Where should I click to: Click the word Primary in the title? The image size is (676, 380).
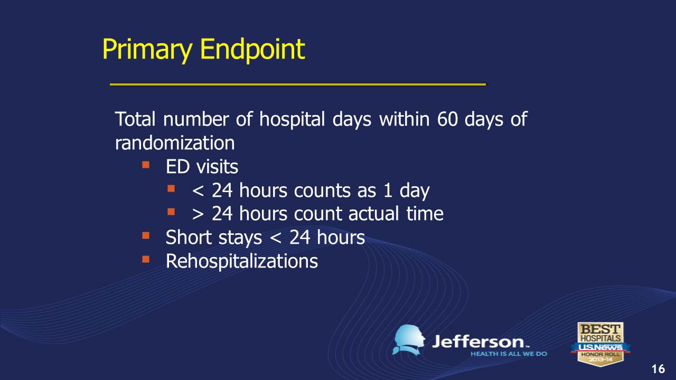tap(147, 50)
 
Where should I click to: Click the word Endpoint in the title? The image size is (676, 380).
tap(252, 49)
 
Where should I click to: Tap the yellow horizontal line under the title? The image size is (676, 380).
tap(298, 84)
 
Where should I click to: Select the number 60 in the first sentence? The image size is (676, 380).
tap(447, 119)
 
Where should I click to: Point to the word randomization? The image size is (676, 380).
tap(175, 142)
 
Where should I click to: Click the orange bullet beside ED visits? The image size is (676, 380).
tap(146, 165)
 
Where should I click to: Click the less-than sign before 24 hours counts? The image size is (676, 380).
tap(198, 191)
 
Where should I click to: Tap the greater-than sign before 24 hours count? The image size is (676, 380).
tap(198, 214)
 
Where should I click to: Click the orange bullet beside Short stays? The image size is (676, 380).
tap(146, 235)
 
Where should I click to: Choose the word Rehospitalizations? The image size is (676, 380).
tap(242, 261)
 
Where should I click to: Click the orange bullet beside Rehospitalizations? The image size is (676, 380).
tap(146, 259)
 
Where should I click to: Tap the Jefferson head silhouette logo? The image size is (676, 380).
tap(408, 340)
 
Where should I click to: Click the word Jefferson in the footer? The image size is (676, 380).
tap(478, 342)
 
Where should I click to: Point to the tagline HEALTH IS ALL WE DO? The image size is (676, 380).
tap(509, 354)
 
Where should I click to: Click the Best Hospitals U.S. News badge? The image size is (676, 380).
tap(600, 344)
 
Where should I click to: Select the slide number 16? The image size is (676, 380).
tap(658, 369)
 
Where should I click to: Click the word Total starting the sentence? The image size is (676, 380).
tap(135, 119)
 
